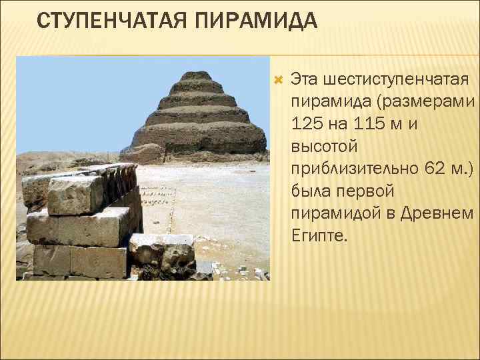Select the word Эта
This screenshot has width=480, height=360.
click(x=305, y=81)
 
